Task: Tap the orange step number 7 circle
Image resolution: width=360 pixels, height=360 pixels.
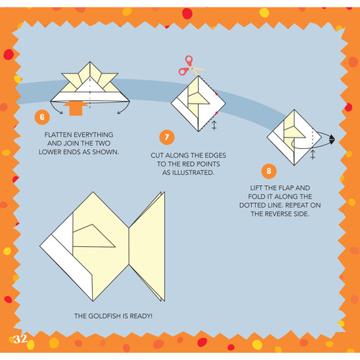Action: [167, 136]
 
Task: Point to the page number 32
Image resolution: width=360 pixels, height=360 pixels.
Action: [19, 338]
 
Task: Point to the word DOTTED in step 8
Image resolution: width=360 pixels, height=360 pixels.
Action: [259, 205]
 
